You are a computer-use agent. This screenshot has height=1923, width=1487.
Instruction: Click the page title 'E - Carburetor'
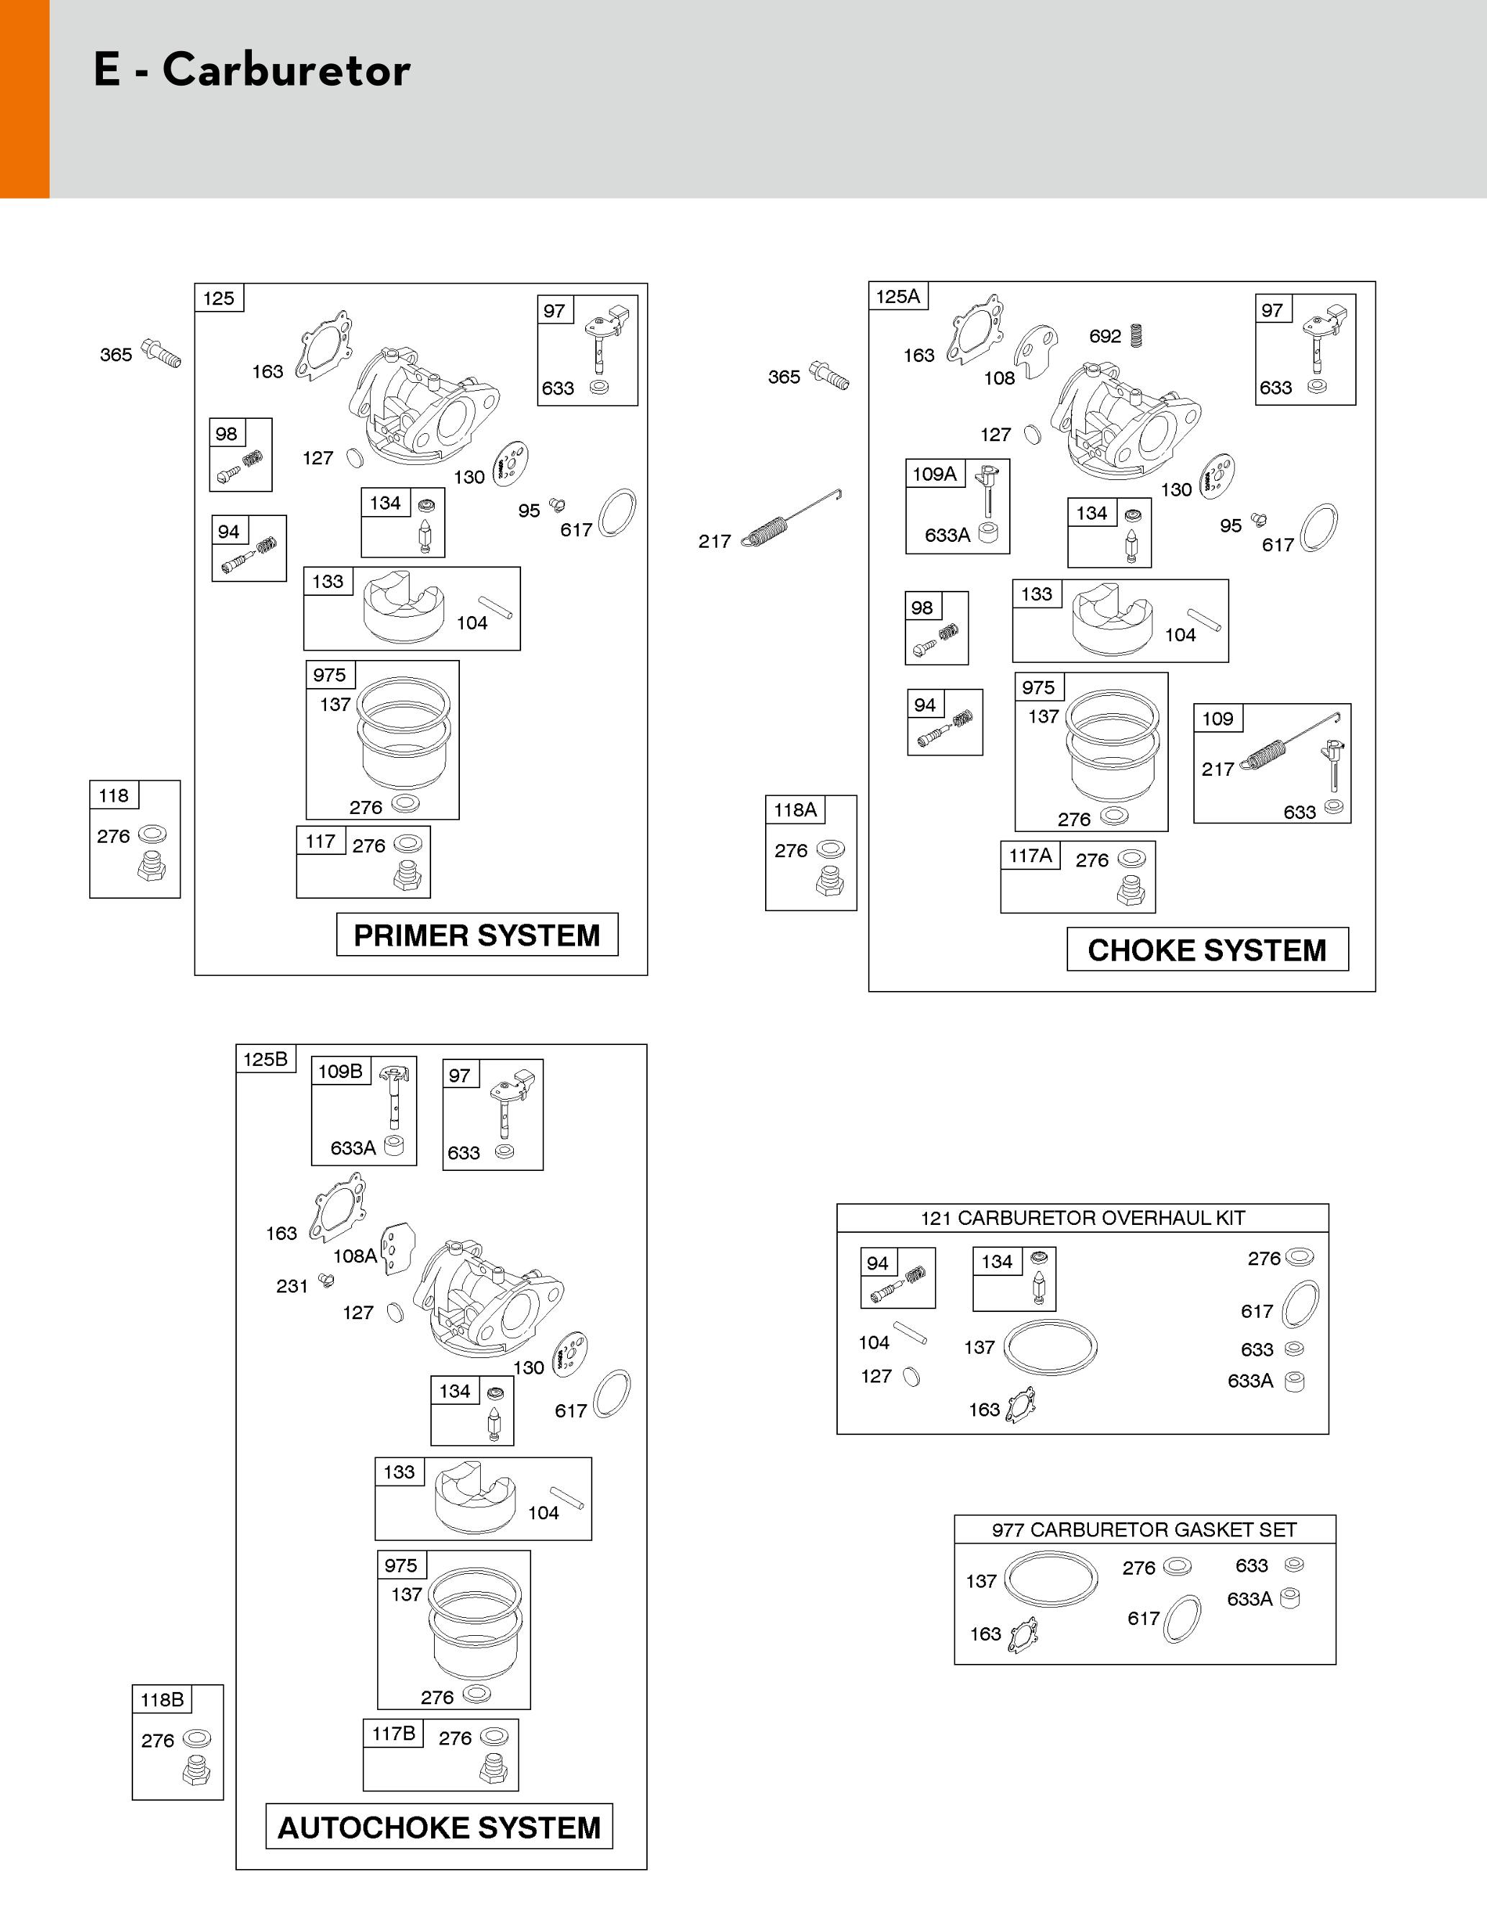coord(252,71)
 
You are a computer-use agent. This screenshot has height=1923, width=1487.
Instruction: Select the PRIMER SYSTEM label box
coord(476,935)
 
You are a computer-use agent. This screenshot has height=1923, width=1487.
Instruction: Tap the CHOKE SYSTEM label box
coord(1206,950)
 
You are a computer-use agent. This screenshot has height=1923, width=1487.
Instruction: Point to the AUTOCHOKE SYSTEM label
coord(438,1828)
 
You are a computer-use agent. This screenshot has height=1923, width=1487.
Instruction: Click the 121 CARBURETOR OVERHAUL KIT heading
coord(1082,1218)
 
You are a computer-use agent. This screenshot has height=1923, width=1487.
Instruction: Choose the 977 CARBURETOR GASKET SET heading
coord(1144,1530)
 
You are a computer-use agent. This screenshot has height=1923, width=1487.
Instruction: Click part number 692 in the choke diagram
coord(1105,336)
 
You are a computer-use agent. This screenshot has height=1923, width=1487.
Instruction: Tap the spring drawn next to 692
coord(1136,335)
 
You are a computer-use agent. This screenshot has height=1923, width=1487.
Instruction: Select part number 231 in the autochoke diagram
coord(291,1286)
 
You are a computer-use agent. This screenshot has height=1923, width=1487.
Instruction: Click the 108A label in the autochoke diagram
coord(354,1257)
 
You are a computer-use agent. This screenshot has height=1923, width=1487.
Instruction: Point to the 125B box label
coord(265,1059)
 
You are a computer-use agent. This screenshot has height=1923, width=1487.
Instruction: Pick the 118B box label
coord(162,1699)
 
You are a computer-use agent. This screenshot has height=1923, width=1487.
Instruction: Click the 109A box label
coord(934,474)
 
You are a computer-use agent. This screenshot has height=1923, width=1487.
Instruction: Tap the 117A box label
coord(1030,856)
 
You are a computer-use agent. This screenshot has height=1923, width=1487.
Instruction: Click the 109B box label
coord(340,1072)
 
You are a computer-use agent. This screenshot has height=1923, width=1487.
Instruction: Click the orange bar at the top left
coord(24,99)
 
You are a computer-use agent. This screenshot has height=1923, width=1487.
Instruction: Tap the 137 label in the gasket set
coord(981,1581)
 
